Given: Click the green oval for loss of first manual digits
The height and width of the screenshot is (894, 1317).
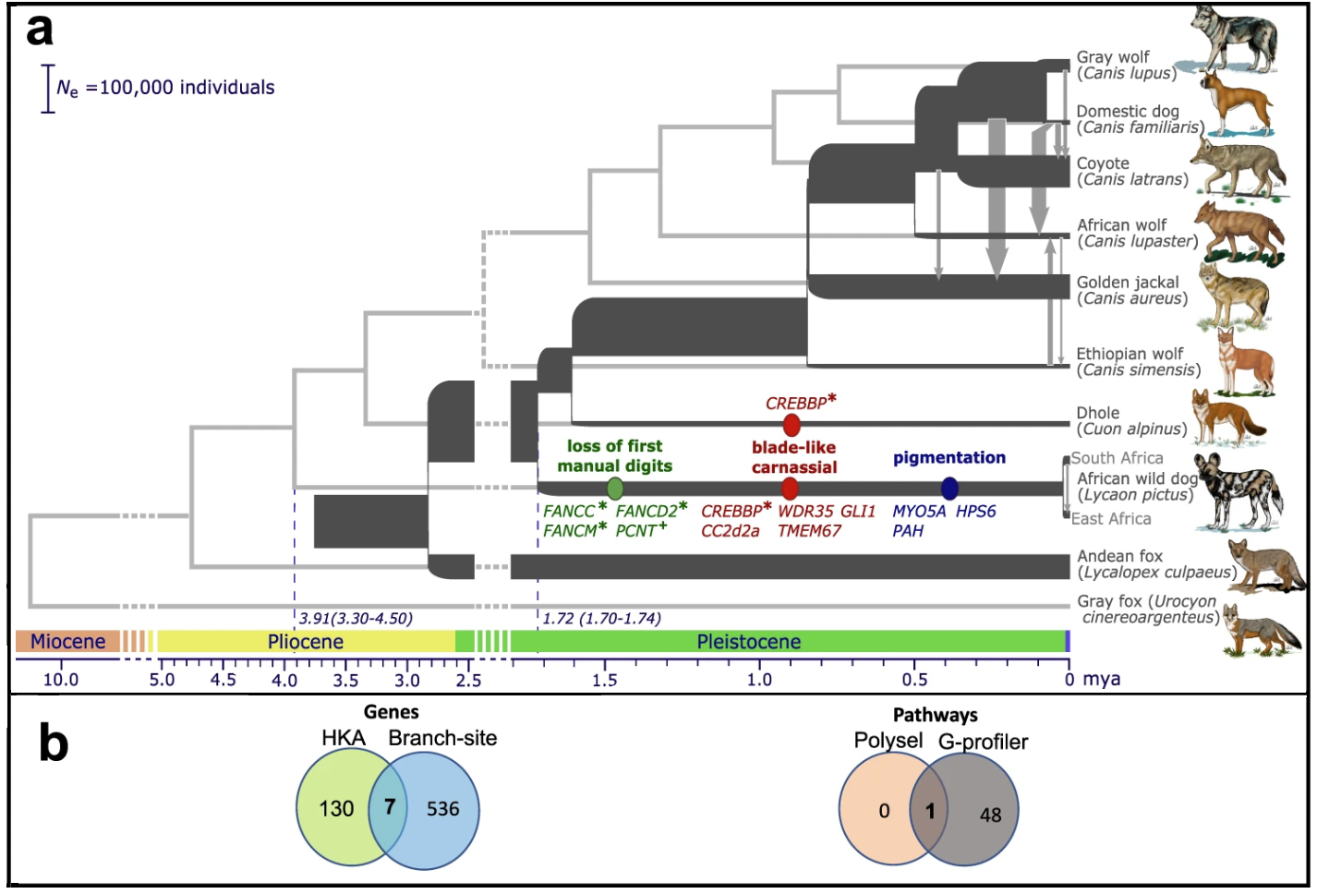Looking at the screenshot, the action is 614,489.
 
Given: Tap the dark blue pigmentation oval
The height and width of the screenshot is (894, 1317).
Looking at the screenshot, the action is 948,489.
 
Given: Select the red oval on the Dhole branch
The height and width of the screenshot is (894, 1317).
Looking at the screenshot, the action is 791,424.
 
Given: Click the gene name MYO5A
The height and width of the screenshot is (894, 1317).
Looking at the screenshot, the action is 919,512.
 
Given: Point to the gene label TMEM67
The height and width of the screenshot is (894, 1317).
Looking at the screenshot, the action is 809,531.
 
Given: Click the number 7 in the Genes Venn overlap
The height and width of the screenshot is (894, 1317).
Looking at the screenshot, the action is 389,806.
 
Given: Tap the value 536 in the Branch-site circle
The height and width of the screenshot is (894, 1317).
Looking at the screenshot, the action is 442,809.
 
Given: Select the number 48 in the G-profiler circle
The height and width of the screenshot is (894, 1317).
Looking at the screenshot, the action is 990,815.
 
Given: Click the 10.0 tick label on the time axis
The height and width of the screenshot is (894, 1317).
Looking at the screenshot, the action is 61,680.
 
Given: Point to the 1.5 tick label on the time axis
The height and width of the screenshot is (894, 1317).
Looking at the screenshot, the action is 604,680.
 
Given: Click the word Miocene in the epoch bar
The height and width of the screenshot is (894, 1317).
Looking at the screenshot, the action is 68,641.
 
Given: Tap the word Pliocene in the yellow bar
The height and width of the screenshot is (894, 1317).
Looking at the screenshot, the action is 305,641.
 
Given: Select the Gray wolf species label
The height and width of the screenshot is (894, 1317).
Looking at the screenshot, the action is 1126,66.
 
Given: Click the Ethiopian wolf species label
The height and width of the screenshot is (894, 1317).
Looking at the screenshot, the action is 1138,361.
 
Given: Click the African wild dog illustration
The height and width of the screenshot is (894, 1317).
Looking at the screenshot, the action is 1241,491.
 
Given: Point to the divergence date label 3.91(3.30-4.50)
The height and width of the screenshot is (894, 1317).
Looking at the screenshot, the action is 356,619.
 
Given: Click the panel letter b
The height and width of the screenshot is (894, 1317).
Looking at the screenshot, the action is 54,742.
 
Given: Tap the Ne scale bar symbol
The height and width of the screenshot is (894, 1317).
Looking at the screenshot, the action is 48,89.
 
